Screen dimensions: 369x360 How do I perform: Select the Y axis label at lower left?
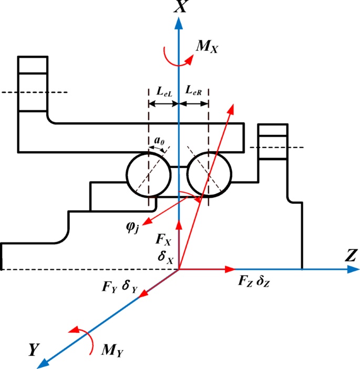tap(34, 350)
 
